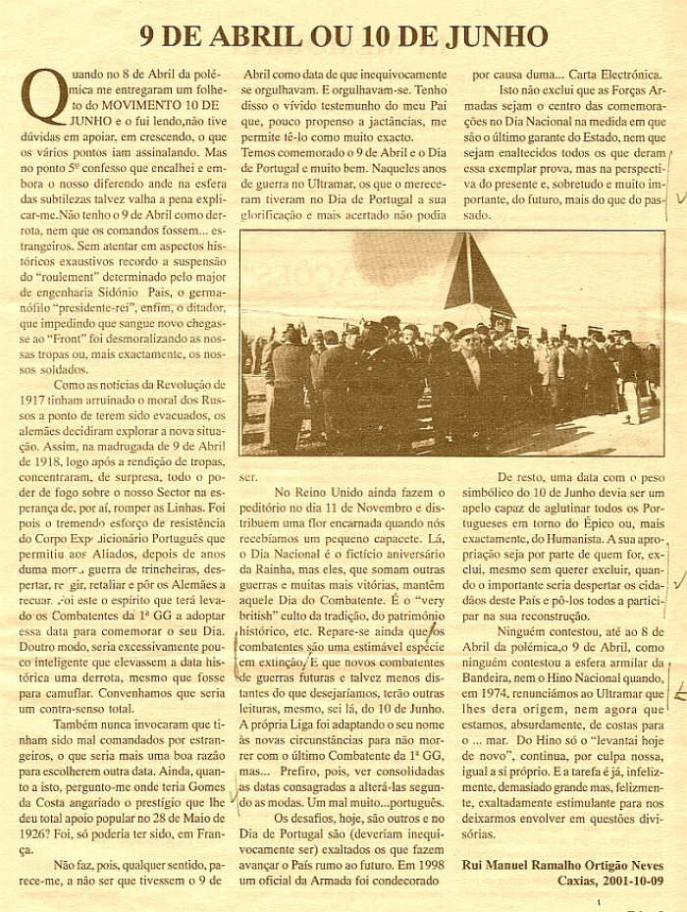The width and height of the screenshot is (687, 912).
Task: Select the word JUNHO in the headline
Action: pos(497,37)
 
